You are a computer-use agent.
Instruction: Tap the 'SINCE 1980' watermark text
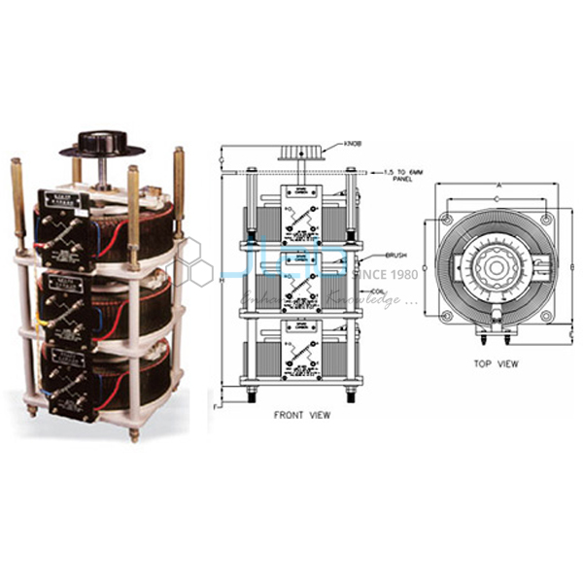pos(384,273)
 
